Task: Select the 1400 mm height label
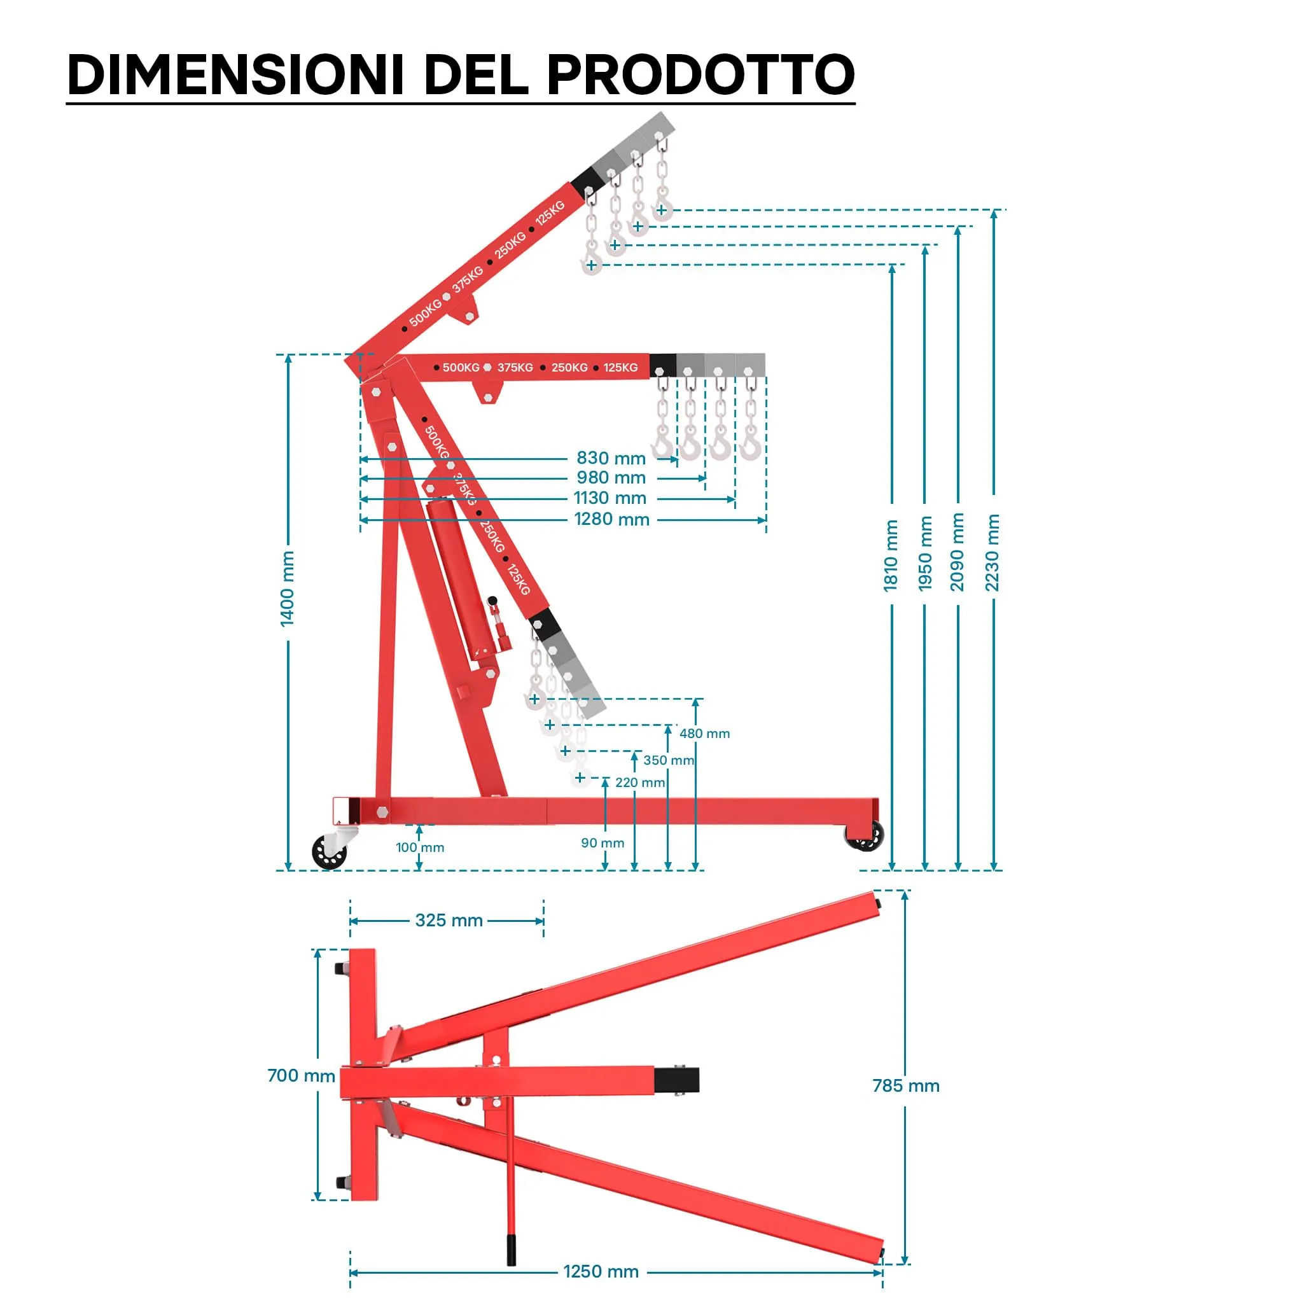click(288, 589)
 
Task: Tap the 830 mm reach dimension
click(611, 458)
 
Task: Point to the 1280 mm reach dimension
click(611, 519)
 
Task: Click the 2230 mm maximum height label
click(992, 552)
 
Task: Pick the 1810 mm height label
click(891, 555)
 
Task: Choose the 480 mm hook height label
click(704, 733)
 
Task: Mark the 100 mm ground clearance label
click(419, 847)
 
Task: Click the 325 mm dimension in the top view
click(449, 921)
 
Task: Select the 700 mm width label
click(301, 1075)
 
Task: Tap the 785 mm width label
click(906, 1086)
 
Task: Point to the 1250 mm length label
click(601, 1271)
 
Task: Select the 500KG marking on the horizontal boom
click(461, 368)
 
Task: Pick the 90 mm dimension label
click(603, 843)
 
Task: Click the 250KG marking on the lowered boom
click(492, 536)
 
